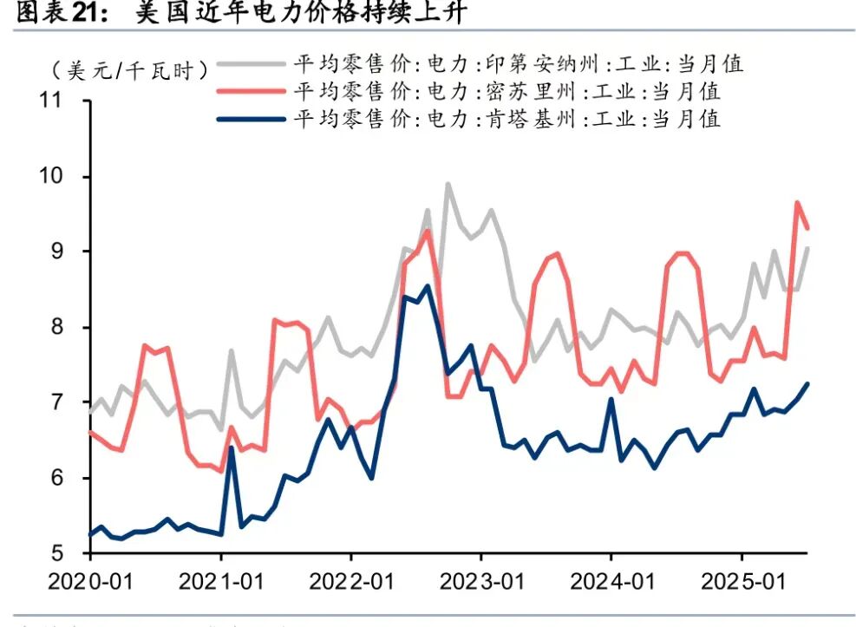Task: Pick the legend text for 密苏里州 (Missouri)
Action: tap(506, 91)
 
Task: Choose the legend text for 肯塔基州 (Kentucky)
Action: tap(506, 118)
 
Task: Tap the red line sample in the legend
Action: tap(252, 91)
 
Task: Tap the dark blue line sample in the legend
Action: tap(252, 118)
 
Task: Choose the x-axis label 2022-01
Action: tap(350, 579)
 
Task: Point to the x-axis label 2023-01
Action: tap(480, 579)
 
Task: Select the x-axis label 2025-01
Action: tap(742, 579)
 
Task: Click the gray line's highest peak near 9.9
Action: tap(448, 184)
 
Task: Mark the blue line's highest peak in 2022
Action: tap(426, 286)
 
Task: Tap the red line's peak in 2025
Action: tap(797, 203)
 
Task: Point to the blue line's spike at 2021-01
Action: tap(232, 447)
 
